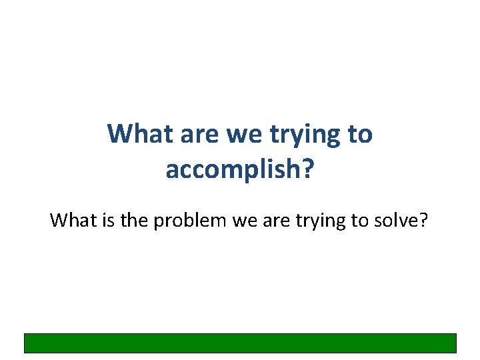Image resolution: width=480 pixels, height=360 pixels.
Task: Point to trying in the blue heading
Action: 304,135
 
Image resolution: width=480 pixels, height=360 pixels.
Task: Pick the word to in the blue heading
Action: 359,134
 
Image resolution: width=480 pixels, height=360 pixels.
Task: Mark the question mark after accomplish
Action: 307,169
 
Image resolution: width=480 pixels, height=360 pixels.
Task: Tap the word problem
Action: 191,221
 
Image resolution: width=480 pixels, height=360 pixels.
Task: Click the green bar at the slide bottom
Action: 240,343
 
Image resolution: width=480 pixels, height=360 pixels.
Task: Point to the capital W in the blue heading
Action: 119,134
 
